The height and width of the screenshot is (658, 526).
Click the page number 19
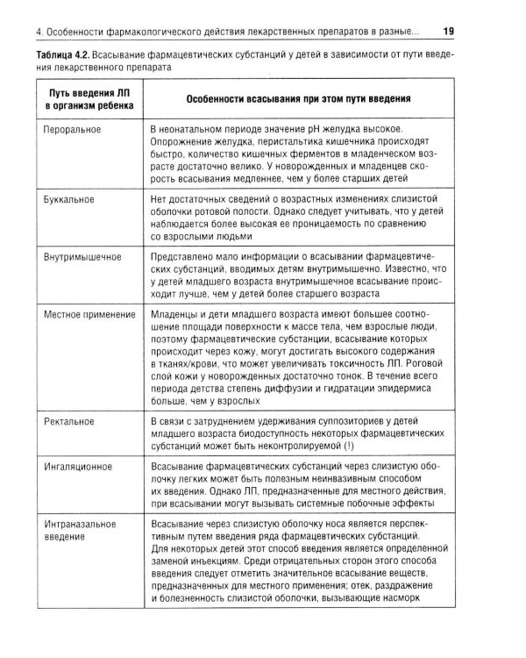point(448,32)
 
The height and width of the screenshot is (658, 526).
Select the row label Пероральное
point(73,129)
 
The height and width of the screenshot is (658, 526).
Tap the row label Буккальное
point(70,199)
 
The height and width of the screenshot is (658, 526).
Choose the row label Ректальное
point(69,422)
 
